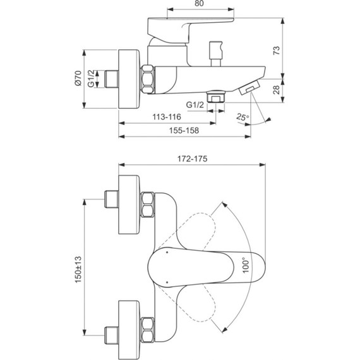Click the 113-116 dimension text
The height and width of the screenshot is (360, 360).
pos(167,117)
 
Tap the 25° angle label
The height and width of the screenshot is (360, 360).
pos(243,117)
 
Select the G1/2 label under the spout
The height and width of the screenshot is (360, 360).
pos(195,104)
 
